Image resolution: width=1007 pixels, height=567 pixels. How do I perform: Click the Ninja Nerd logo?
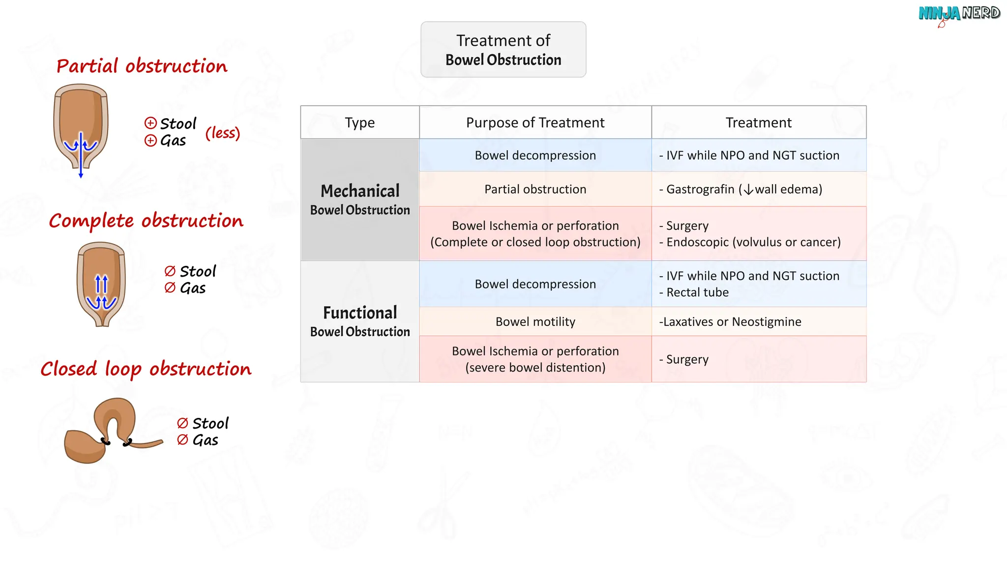[959, 14]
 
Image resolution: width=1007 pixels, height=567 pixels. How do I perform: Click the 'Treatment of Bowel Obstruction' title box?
[503, 49]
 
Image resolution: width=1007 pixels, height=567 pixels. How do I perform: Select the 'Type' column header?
[359, 123]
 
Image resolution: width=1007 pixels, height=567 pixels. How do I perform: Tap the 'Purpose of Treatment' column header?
[535, 123]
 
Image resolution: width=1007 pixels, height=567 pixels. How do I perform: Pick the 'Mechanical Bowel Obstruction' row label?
[359, 199]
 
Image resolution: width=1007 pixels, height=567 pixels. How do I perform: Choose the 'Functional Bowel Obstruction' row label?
[359, 321]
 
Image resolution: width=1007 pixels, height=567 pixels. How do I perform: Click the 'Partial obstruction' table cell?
[535, 189]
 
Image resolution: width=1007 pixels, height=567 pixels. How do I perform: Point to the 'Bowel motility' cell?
[535, 321]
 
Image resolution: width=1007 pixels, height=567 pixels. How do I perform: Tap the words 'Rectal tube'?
[697, 292]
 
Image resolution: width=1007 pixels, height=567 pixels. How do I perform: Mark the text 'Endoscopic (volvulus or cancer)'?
[753, 242]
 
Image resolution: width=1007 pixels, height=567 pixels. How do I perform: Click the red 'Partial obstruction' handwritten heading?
[142, 66]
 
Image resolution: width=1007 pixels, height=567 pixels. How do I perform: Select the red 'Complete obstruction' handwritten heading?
[146, 221]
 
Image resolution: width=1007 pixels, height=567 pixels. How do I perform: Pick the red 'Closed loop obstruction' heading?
[146, 369]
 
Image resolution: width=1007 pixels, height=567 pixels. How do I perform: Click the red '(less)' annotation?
[222, 133]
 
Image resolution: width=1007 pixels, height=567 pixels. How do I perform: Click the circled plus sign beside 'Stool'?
[150, 123]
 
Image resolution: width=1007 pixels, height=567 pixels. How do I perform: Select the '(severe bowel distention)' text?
[535, 368]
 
